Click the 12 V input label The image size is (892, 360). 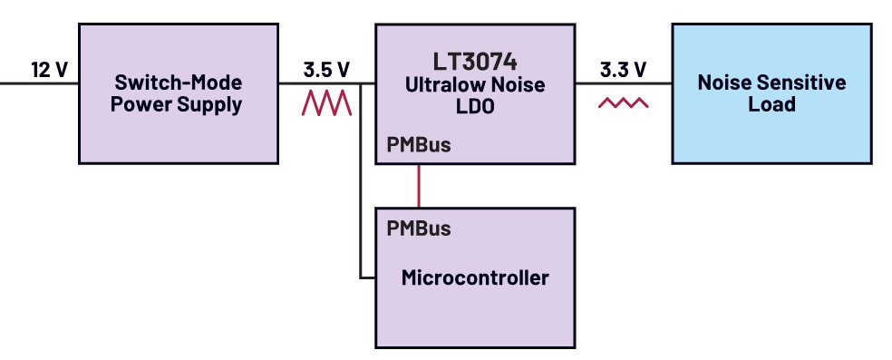[49, 70]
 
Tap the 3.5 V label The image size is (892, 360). [326, 70]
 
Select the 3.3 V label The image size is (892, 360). [623, 70]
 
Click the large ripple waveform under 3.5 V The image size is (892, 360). [326, 103]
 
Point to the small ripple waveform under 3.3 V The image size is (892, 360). [623, 103]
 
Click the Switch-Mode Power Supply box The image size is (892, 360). [178, 94]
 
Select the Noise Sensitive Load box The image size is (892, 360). [771, 94]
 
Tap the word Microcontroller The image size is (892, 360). [475, 277]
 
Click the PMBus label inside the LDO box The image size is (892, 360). [419, 145]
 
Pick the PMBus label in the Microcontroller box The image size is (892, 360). [419, 229]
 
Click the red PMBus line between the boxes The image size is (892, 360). [419, 185]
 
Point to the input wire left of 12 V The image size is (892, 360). [14, 83]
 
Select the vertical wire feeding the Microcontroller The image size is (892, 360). [361, 181]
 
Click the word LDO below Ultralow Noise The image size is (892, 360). [475, 107]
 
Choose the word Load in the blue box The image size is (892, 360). [771, 104]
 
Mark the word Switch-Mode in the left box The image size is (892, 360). [178, 83]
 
